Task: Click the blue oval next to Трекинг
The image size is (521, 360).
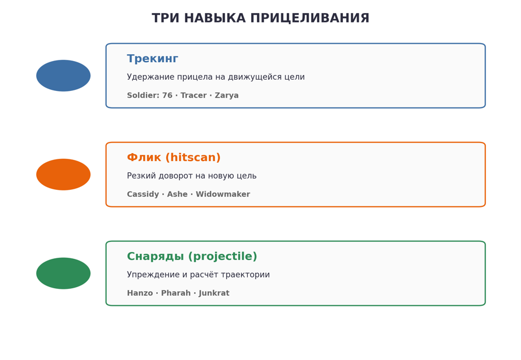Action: pyautogui.click(x=63, y=76)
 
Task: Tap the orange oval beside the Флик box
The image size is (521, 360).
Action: pyautogui.click(x=63, y=175)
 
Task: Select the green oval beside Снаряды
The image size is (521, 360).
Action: pyautogui.click(x=63, y=274)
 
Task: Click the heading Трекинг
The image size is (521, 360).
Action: pyautogui.click(x=153, y=59)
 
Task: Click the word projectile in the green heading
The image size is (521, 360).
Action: pyautogui.click(x=223, y=257)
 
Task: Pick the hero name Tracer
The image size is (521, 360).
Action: pyautogui.click(x=193, y=96)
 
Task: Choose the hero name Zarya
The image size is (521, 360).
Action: pyautogui.click(x=227, y=96)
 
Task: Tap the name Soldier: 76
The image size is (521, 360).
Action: pyautogui.click(x=149, y=96)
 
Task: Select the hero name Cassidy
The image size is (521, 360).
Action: pyautogui.click(x=143, y=194)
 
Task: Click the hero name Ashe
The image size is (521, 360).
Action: pyautogui.click(x=177, y=194)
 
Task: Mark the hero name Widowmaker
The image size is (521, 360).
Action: pyautogui.click(x=223, y=194)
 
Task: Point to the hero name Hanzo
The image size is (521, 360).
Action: pyautogui.click(x=140, y=293)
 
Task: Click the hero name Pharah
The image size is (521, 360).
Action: pyautogui.click(x=176, y=293)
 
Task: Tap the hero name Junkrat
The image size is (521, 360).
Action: pyautogui.click(x=214, y=293)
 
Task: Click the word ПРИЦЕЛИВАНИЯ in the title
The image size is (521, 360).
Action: pyautogui.click(x=309, y=18)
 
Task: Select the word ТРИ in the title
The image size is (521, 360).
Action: pyautogui.click(x=166, y=18)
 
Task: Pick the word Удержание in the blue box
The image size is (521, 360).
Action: pyautogui.click(x=150, y=77)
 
